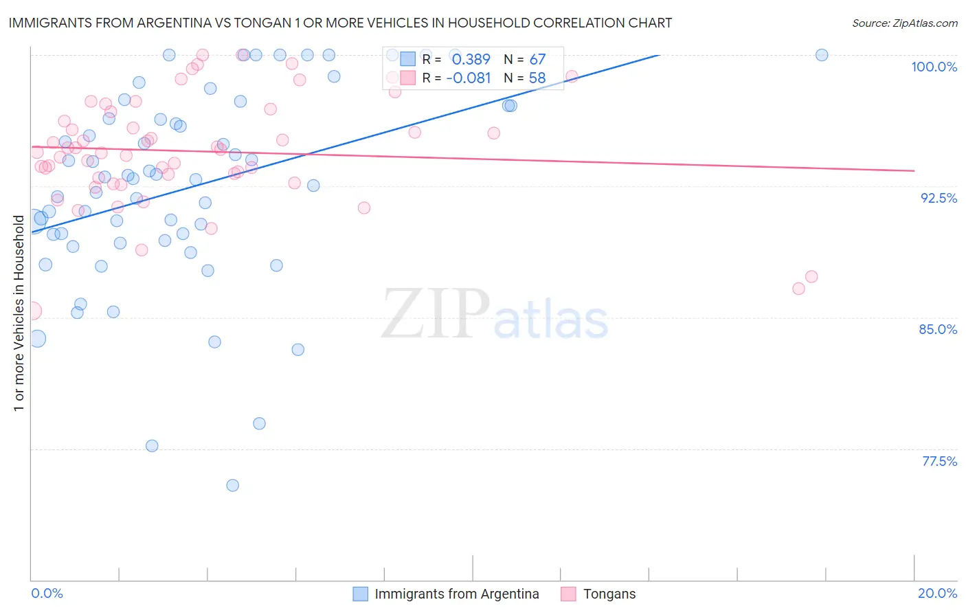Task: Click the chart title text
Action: pos(340,23)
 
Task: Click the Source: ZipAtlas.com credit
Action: pos(904,23)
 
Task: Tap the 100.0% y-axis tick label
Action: pos(934,67)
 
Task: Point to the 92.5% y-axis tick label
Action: pos(939,198)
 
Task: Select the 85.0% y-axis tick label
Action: pos(938,329)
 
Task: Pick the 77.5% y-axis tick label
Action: pos(939,461)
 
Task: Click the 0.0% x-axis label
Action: pos(47,593)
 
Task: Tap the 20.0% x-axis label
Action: pos(937,593)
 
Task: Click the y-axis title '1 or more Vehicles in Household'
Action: pos(19,313)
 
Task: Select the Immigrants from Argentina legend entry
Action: pos(456,594)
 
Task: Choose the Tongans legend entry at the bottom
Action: pos(609,594)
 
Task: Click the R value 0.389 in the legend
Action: pos(471,60)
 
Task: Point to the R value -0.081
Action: pos(468,78)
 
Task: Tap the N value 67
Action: pos(537,60)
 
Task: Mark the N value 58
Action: pos(537,78)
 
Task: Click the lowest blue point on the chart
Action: pos(233,485)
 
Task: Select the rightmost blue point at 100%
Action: pos(822,55)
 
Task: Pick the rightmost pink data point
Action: pos(811,276)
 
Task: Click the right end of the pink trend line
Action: pos(914,170)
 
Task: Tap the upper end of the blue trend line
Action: pos(659,55)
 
